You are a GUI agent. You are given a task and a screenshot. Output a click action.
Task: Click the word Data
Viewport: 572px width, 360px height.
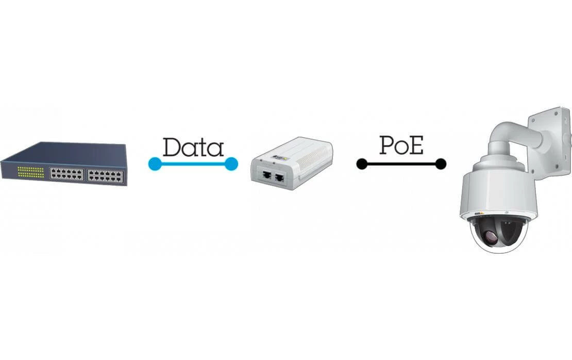(193, 147)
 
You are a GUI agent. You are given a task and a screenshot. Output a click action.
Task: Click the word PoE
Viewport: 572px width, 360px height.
(401, 146)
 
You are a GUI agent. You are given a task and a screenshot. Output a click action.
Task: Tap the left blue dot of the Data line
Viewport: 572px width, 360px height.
(155, 164)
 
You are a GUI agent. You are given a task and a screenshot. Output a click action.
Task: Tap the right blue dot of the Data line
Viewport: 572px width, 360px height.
(231, 164)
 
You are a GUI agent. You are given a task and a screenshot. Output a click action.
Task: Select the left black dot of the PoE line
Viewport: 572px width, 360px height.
(362, 164)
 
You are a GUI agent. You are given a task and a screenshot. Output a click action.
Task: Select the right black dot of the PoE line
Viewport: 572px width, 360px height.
(440, 164)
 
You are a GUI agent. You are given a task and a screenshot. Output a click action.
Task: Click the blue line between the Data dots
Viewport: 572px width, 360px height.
(193, 164)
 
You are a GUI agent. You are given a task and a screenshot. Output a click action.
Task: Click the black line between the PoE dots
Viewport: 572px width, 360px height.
(401, 164)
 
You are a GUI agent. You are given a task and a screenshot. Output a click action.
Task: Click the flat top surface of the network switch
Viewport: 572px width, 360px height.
(67, 152)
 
